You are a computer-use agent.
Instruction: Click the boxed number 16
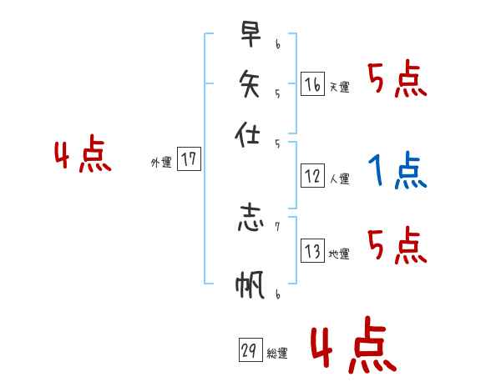(312, 84)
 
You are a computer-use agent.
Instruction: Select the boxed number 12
(312, 176)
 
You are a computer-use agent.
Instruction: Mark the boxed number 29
(249, 351)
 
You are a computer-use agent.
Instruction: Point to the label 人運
(339, 178)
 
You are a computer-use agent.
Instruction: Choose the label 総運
(276, 354)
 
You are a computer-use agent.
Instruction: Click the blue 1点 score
(397, 172)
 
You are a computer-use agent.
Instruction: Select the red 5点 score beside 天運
(397, 81)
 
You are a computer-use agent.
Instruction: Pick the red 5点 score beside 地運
(397, 246)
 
